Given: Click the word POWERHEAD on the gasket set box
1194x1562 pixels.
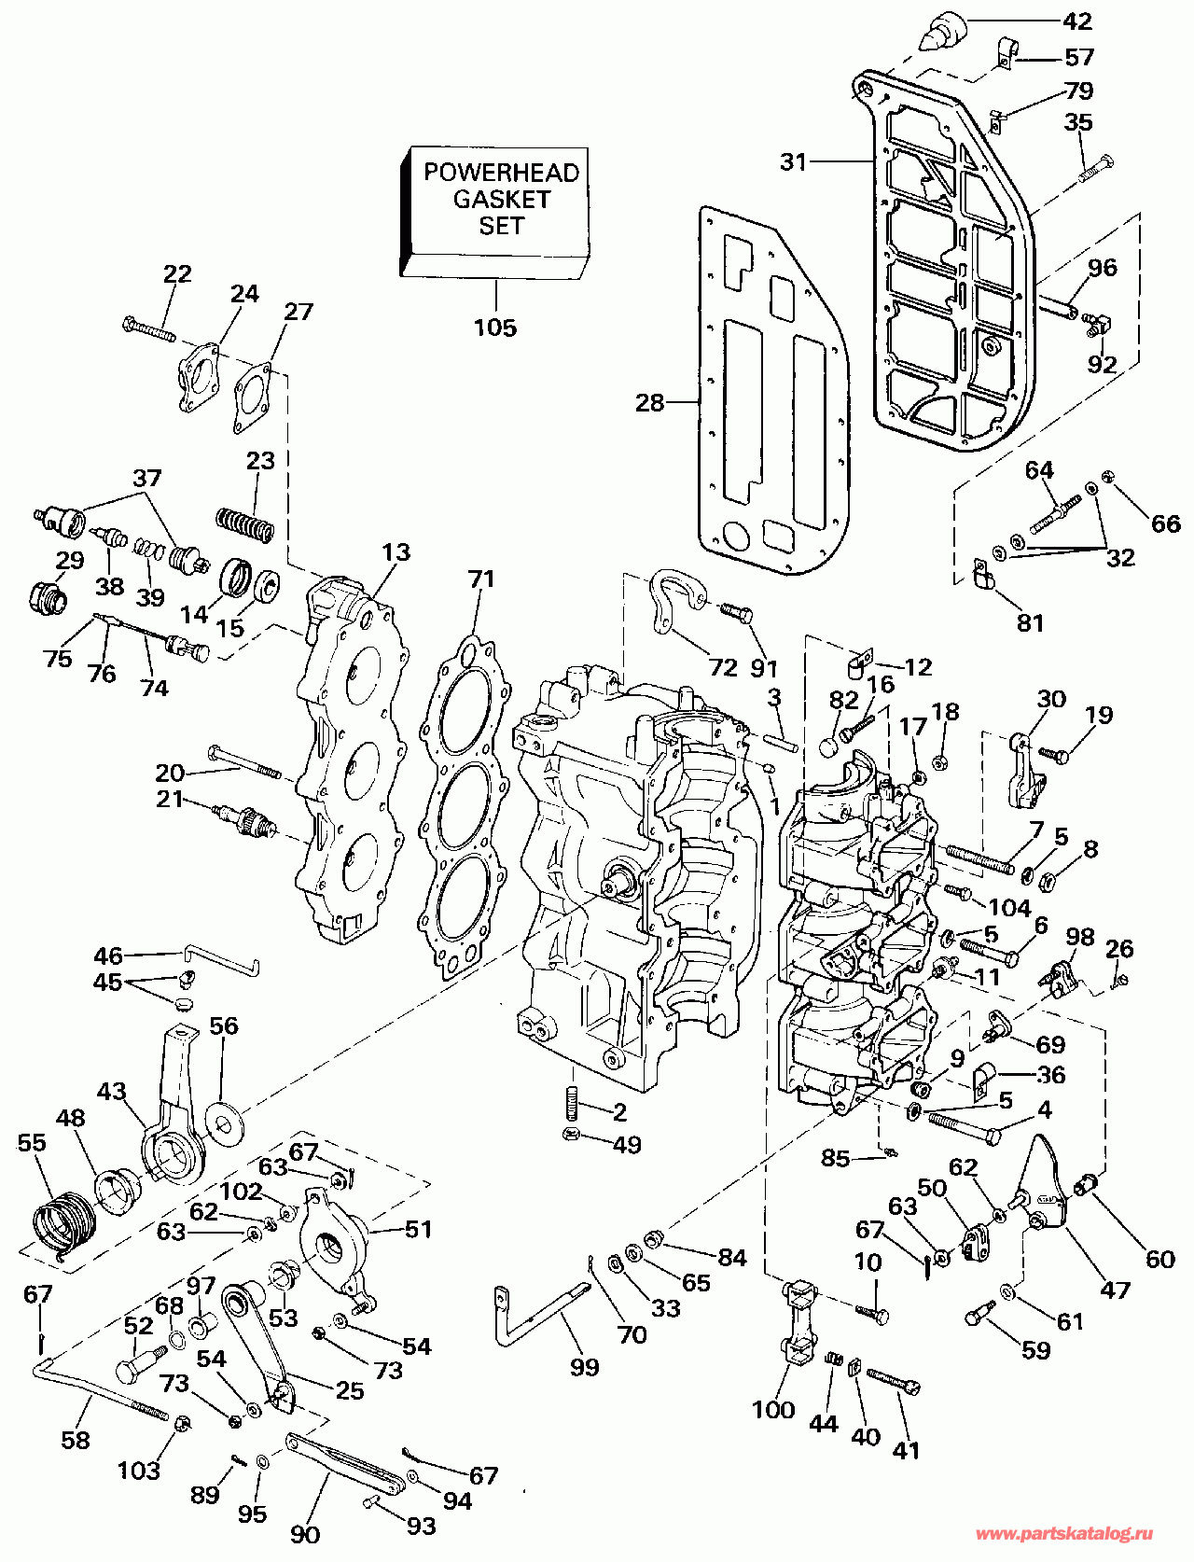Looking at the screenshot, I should pyautogui.click(x=501, y=173).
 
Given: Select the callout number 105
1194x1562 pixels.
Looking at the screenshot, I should pyautogui.click(x=494, y=328).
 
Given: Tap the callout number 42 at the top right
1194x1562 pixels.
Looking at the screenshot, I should pyautogui.click(x=1077, y=21).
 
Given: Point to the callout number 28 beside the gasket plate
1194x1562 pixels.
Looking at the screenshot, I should pyautogui.click(x=650, y=402).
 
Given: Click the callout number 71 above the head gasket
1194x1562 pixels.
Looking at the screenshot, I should pyautogui.click(x=481, y=579).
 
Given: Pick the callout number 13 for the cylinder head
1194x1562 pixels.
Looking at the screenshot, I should pyautogui.click(x=396, y=551).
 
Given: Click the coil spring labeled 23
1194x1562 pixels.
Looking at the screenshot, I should pyautogui.click(x=245, y=523).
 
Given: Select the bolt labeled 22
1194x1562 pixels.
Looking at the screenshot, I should pyautogui.click(x=148, y=328).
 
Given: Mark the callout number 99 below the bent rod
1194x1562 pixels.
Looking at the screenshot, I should pyautogui.click(x=585, y=1367).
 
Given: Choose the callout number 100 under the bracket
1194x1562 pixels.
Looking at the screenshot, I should pyautogui.click(x=773, y=1409).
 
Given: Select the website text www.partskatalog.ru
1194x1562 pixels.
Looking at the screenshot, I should pyautogui.click(x=1064, y=1534).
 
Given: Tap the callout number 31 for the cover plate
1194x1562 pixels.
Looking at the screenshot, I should pyautogui.click(x=793, y=161).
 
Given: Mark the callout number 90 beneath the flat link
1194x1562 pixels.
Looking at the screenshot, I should pyautogui.click(x=305, y=1535).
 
